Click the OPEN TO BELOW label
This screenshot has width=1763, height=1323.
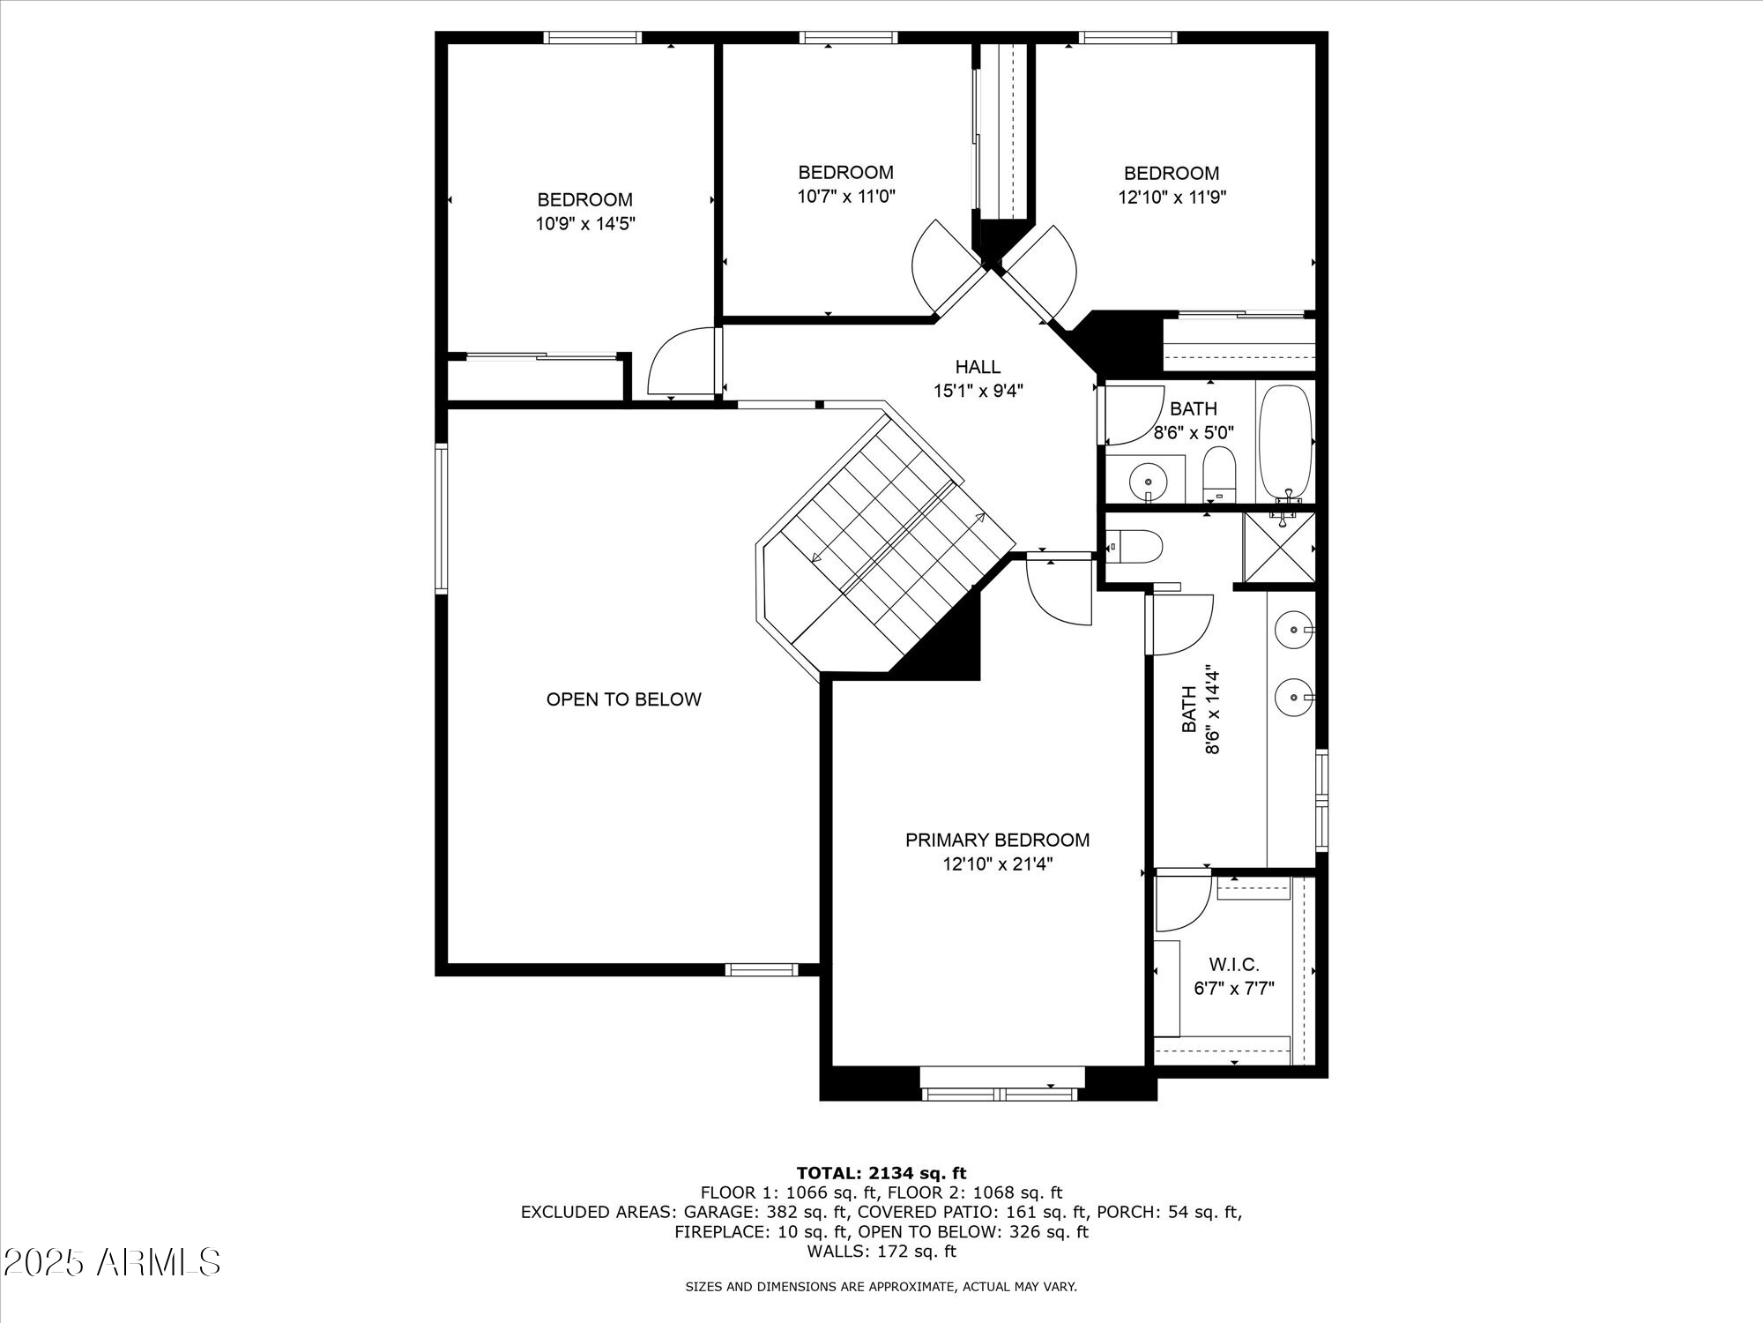click(623, 699)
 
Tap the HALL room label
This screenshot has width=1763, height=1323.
click(978, 367)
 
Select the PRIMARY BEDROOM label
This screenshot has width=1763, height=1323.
click(997, 840)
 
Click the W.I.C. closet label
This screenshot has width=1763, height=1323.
click(1234, 965)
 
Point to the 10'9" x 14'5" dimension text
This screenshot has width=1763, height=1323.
click(585, 224)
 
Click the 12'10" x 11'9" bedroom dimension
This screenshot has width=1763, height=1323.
click(1172, 197)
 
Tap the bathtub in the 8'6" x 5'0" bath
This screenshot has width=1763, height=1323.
click(1286, 443)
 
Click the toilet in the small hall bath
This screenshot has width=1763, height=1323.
click(1220, 473)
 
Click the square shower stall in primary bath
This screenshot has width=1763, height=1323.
click(1279, 548)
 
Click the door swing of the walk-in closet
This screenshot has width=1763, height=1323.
click(1181, 901)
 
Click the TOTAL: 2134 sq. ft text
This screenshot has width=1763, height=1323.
click(881, 1173)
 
